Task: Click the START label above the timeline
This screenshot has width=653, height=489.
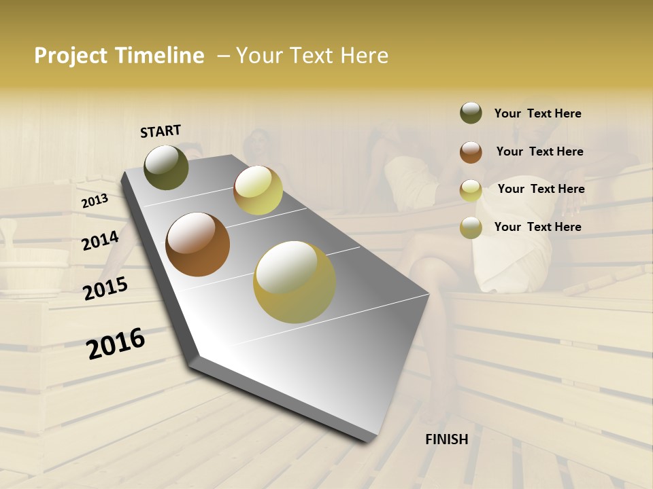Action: coord(161,131)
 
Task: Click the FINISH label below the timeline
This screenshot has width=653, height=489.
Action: coord(447,439)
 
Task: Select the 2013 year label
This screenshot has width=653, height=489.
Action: coord(95,201)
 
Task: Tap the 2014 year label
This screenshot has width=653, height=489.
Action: coord(101,240)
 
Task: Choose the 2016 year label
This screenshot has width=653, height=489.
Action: coord(116,344)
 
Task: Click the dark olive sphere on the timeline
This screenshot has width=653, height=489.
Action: coord(167,167)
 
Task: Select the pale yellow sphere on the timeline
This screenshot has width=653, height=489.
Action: coord(258,190)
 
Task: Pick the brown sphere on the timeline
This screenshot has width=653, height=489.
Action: coord(198,244)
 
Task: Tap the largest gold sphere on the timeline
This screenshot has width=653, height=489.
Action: coord(295,282)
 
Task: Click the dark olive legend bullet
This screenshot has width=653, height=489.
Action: coord(471,113)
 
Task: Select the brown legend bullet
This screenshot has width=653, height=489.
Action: coord(471,151)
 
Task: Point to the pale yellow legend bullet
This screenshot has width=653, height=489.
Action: coord(471,189)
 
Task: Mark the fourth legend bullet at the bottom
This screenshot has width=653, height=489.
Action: coord(471,228)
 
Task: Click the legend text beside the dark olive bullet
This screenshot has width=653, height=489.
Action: coord(537,113)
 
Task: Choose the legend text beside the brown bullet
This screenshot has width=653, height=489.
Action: coord(539,151)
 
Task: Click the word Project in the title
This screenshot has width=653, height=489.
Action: coord(71,56)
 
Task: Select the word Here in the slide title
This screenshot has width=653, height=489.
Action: coord(364,56)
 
